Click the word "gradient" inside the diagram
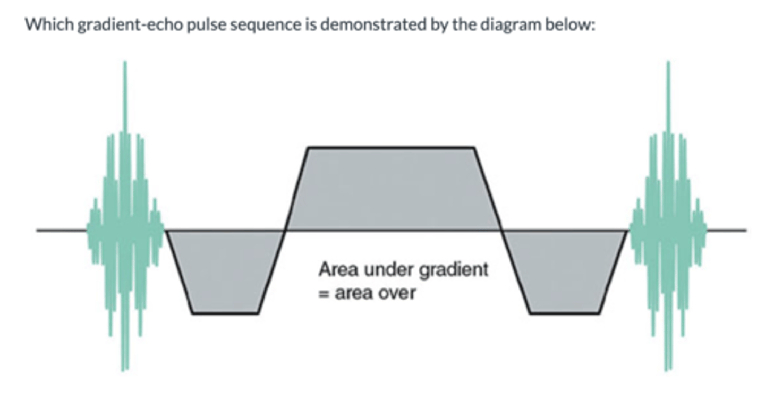pyautogui.click(x=454, y=270)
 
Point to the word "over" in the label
pyautogui.click(x=396, y=293)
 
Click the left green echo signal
pyautogui.click(x=125, y=223)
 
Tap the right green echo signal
pyautogui.click(x=668, y=223)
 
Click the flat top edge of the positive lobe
pyautogui.click(x=391, y=147)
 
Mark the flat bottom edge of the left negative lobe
pyautogui.click(x=225, y=313)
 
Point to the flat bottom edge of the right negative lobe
pyautogui.click(x=565, y=313)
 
